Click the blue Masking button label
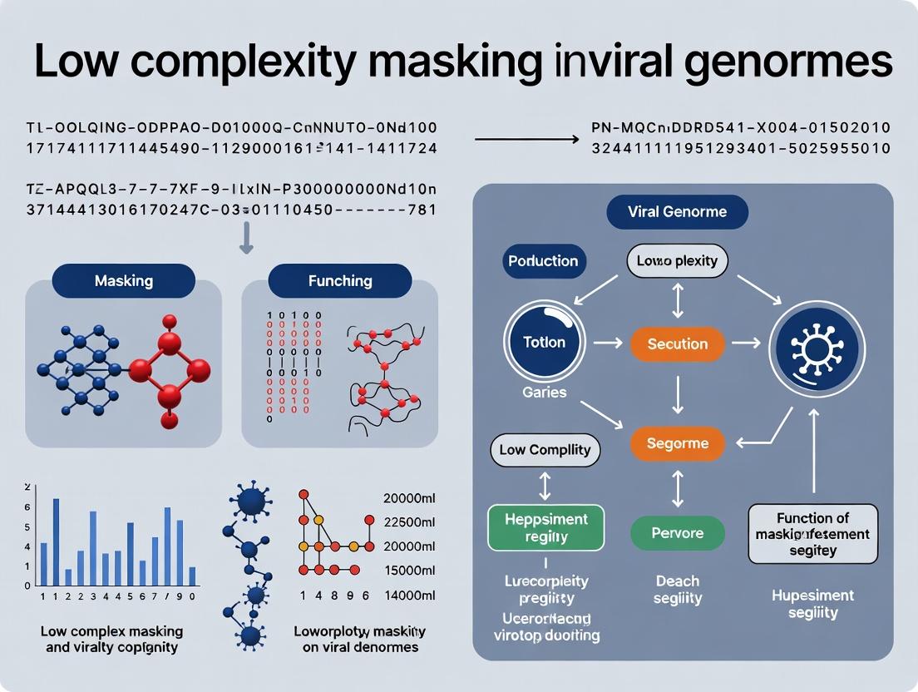click(124, 281)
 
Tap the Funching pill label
click(339, 281)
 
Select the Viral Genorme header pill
click(677, 211)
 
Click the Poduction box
click(544, 261)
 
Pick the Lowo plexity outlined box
click(677, 261)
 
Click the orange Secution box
click(677, 344)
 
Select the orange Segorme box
click(677, 443)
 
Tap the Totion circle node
click(545, 343)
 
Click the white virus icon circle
click(817, 344)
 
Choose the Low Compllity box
click(545, 450)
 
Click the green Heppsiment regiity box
click(545, 527)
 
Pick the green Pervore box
click(677, 533)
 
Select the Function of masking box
click(812, 533)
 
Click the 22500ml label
click(410, 522)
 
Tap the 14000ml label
click(410, 595)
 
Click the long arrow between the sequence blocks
click(526, 139)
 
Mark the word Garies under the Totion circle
click(545, 392)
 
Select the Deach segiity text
click(677, 590)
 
